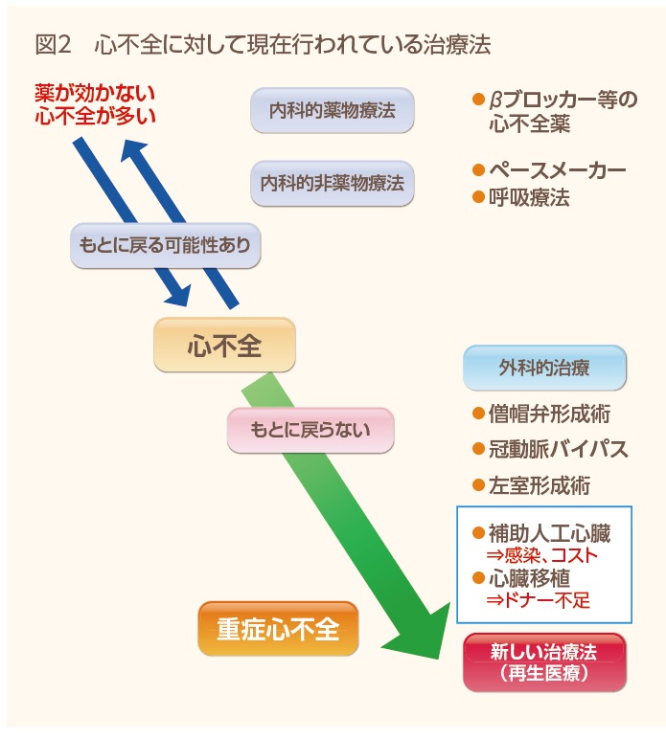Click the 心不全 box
pos(225,345)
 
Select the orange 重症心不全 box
pos(278,629)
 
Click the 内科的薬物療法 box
pos(333,110)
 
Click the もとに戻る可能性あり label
pos(166,245)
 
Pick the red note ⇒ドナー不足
pos(539,601)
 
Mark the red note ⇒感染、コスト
pos(542,556)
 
